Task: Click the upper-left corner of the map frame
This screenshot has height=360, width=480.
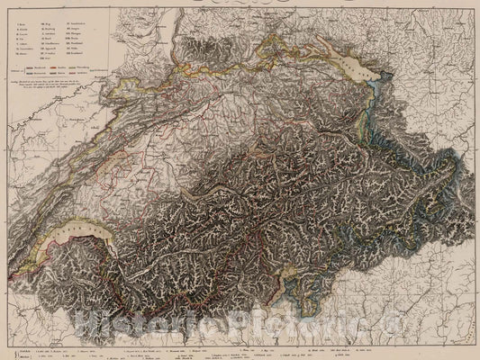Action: [x=3, y=3]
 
